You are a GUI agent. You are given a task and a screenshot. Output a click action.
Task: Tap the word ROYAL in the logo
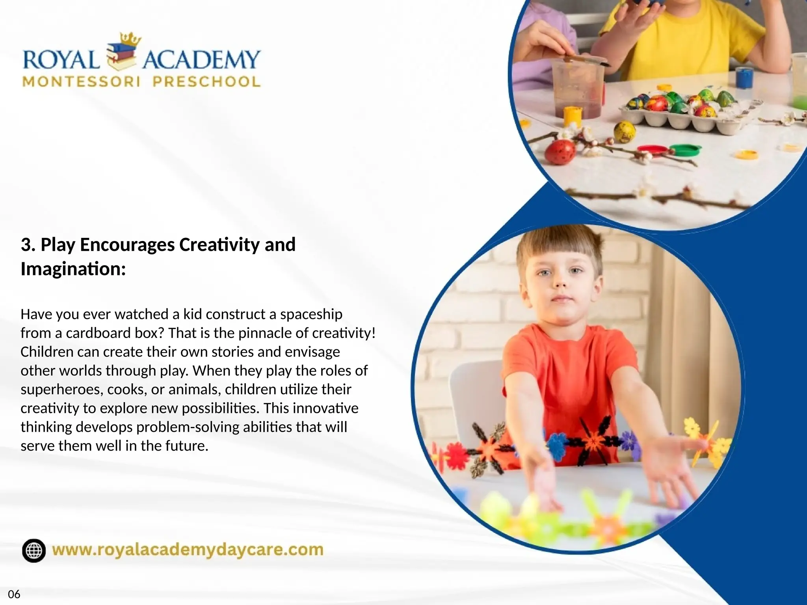tap(61, 60)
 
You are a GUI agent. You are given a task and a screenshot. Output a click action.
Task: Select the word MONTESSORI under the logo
tap(82, 82)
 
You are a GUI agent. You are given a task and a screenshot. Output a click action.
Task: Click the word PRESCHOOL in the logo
tap(206, 82)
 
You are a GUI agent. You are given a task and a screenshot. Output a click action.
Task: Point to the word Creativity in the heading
tap(219, 245)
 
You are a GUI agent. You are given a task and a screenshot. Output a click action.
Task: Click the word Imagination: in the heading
tap(73, 269)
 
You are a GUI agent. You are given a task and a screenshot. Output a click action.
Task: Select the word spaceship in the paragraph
tap(311, 314)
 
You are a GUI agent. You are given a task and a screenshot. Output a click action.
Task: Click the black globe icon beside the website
tap(34, 550)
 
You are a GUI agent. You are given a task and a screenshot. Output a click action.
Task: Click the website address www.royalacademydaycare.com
tap(188, 550)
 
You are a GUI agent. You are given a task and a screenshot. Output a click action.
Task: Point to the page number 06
tap(14, 594)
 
